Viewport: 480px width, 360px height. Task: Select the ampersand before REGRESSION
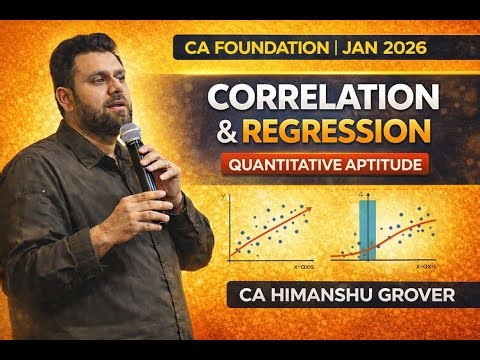pos(221,132)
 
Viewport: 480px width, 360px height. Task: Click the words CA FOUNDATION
pos(262,47)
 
